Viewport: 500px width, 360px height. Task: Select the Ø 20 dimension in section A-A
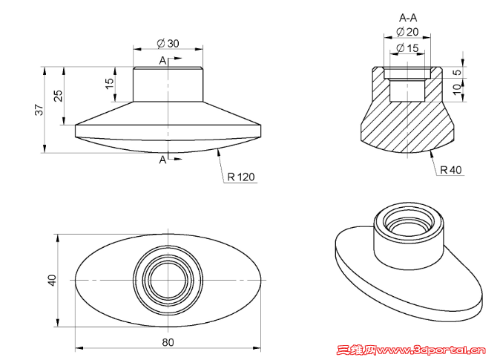point(407,32)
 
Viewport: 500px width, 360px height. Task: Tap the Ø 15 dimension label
point(407,48)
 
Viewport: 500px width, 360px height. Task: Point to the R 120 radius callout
point(241,177)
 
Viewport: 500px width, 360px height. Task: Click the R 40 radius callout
point(450,170)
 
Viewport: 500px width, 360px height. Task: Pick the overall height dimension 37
point(39,110)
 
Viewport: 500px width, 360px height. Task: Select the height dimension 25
point(59,96)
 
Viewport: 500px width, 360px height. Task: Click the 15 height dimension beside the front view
point(109,83)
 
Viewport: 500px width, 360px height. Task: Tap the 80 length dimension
point(168,342)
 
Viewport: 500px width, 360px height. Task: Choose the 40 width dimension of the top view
point(52,281)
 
